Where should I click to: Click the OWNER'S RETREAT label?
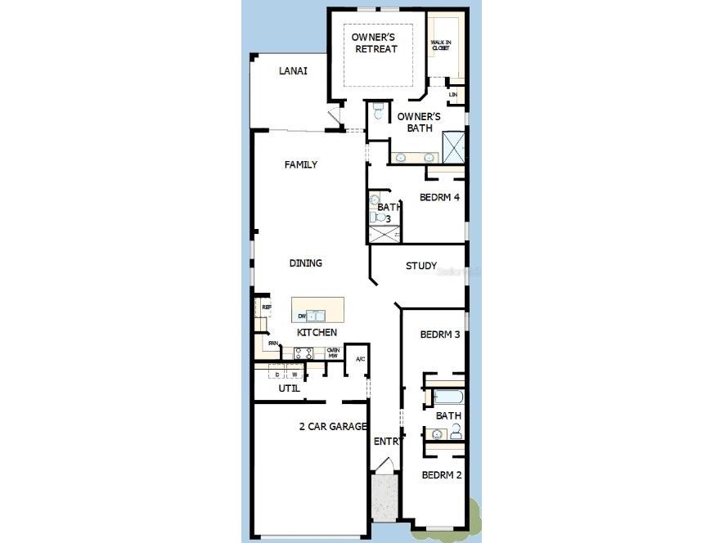point(375,43)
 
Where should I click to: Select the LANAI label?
point(293,71)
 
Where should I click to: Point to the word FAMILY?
point(300,164)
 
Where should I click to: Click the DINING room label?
point(305,263)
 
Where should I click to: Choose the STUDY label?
point(421,266)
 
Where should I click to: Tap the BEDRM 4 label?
point(440,197)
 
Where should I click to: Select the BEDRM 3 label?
point(440,334)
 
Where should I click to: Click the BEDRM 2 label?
point(442,475)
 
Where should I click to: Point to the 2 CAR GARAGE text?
point(333,426)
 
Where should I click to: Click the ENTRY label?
point(388,442)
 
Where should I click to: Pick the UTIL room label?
point(289,388)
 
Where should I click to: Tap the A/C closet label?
point(360,359)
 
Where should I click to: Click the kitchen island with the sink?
point(317,311)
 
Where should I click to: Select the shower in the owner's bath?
point(454,146)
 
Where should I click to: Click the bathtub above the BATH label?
point(447,398)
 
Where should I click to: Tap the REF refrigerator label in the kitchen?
point(266,307)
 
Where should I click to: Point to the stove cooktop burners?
point(304,353)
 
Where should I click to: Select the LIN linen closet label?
point(452,96)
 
